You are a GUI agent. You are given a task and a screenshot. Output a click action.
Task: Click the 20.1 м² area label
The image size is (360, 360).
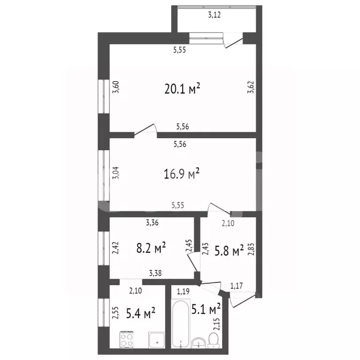click(182, 89)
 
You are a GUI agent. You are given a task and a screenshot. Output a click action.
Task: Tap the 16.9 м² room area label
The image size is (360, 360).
click(182, 174)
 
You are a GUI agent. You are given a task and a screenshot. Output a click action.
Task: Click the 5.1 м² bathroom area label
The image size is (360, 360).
click(206, 309)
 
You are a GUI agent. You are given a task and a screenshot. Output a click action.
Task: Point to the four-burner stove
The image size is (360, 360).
click(127, 339)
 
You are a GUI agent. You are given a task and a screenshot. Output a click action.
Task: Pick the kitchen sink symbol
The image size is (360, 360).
click(155, 339)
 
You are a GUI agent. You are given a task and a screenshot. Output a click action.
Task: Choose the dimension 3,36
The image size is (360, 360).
click(151, 223)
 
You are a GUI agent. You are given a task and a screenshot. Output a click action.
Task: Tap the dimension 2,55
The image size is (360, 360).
click(115, 313)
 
